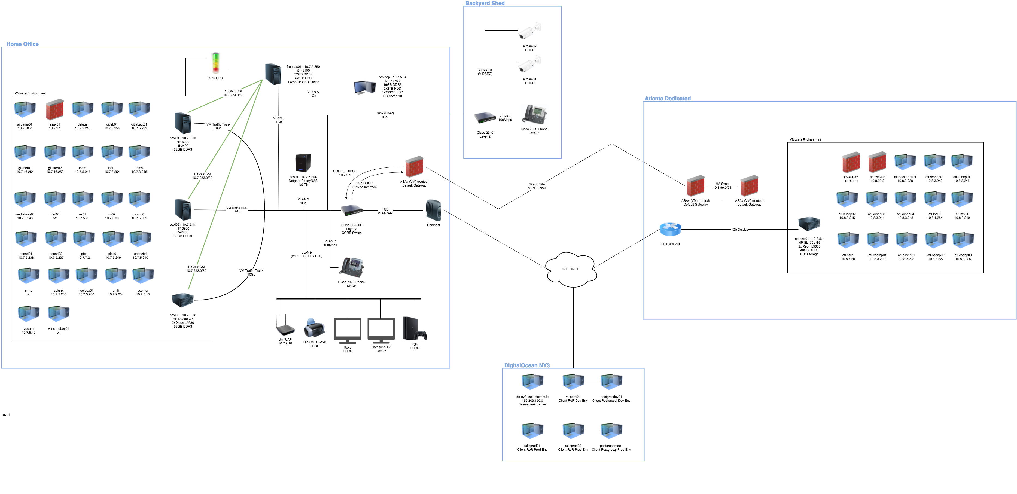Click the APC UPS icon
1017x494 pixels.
(215, 63)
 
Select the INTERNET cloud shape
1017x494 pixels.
(571, 269)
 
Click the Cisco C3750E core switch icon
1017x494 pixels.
(351, 211)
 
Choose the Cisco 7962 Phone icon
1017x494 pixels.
(534, 115)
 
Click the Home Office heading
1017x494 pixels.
(23, 44)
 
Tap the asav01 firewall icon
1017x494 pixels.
(54, 109)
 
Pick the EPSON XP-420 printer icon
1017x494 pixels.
(314, 328)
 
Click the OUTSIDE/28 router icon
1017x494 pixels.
(670, 229)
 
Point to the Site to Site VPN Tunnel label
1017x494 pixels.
(537, 186)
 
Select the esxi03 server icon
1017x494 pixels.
(182, 300)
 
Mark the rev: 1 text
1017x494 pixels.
(6, 415)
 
